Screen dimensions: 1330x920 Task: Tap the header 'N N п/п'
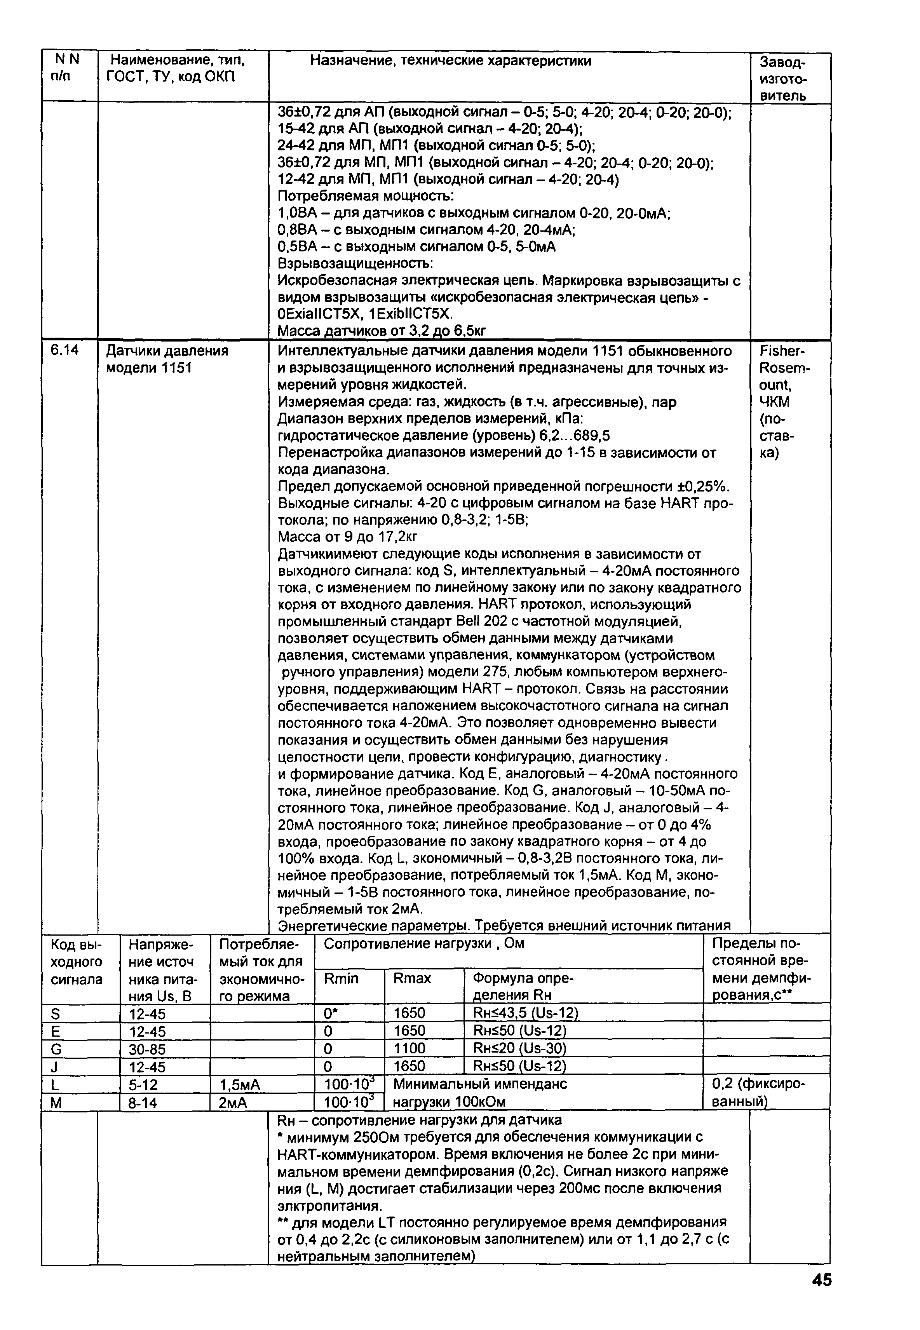66,68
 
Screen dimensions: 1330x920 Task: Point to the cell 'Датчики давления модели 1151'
167,359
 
